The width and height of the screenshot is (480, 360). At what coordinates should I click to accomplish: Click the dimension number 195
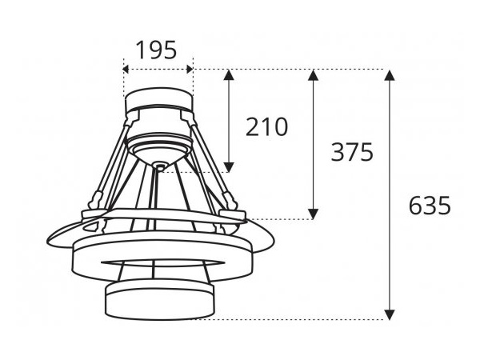coord(157,50)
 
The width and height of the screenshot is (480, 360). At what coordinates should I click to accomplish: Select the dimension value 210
coord(266,126)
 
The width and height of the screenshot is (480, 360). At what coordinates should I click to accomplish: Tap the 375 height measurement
coord(352,152)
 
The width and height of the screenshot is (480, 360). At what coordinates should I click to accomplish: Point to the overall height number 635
coord(430,206)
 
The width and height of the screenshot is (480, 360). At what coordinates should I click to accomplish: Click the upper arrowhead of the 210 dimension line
coord(230,75)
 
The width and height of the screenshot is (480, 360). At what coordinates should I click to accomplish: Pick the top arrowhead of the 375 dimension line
coord(314,75)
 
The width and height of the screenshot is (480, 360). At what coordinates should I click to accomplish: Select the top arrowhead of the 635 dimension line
coord(390,75)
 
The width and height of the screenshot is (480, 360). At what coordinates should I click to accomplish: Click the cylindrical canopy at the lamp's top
coord(158,103)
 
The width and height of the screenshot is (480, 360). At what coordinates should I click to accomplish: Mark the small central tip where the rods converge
coord(160,167)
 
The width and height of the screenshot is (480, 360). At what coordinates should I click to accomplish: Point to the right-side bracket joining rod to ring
coord(232,212)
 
